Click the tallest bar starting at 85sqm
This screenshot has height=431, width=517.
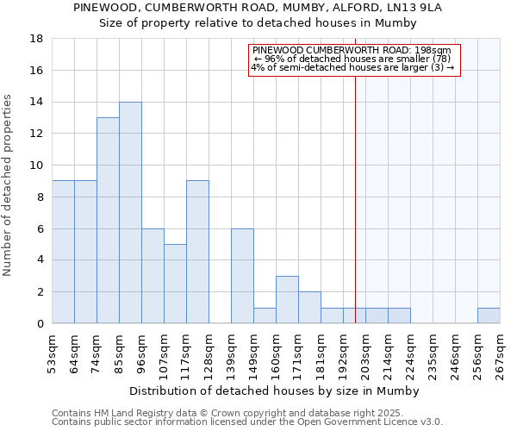[x=130, y=213]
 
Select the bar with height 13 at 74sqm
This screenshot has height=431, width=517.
[x=108, y=221]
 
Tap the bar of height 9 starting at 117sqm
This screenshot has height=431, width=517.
[x=197, y=252]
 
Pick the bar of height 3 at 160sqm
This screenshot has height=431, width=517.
[x=287, y=300]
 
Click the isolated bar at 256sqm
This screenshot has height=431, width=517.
[x=489, y=315]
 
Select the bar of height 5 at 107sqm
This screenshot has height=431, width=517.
[x=175, y=284]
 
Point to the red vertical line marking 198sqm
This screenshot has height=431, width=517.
[x=355, y=198]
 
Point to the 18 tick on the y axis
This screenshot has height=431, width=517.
[x=36, y=39]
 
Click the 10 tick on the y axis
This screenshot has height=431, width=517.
[x=36, y=166]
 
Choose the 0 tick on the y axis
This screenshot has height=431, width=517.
[x=40, y=324]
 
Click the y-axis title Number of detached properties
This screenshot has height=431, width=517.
[x=9, y=185]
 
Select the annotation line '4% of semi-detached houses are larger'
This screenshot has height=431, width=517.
[x=352, y=67]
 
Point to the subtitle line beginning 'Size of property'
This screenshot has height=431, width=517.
[x=258, y=22]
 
